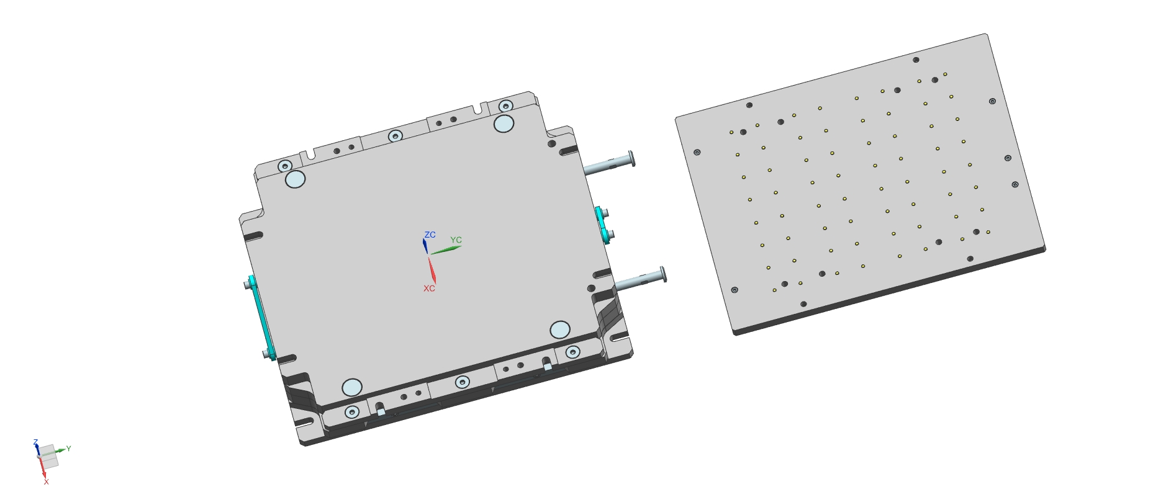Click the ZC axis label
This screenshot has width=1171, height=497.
click(430, 235)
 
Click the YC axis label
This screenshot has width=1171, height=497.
click(456, 240)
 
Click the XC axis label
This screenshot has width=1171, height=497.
click(429, 289)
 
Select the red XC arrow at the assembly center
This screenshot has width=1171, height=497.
click(432, 269)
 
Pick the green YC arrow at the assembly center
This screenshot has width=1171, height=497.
click(445, 250)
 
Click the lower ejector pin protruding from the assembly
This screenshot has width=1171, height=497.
click(640, 279)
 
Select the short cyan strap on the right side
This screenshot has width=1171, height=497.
click(602, 225)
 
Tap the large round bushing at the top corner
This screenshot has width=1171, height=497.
click(504, 123)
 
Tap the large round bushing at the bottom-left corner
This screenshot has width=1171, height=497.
click(352, 387)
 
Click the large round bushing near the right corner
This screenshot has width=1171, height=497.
click(560, 329)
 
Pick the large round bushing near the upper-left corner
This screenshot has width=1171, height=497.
click(295, 180)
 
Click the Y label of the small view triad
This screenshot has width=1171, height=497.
click(68, 448)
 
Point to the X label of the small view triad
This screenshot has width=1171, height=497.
click(46, 481)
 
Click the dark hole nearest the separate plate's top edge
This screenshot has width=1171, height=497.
click(916, 60)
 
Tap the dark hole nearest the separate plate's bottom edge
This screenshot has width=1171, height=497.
click(803, 304)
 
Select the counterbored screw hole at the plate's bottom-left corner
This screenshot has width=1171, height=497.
click(735, 290)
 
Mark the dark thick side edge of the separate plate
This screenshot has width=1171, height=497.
click(888, 292)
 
